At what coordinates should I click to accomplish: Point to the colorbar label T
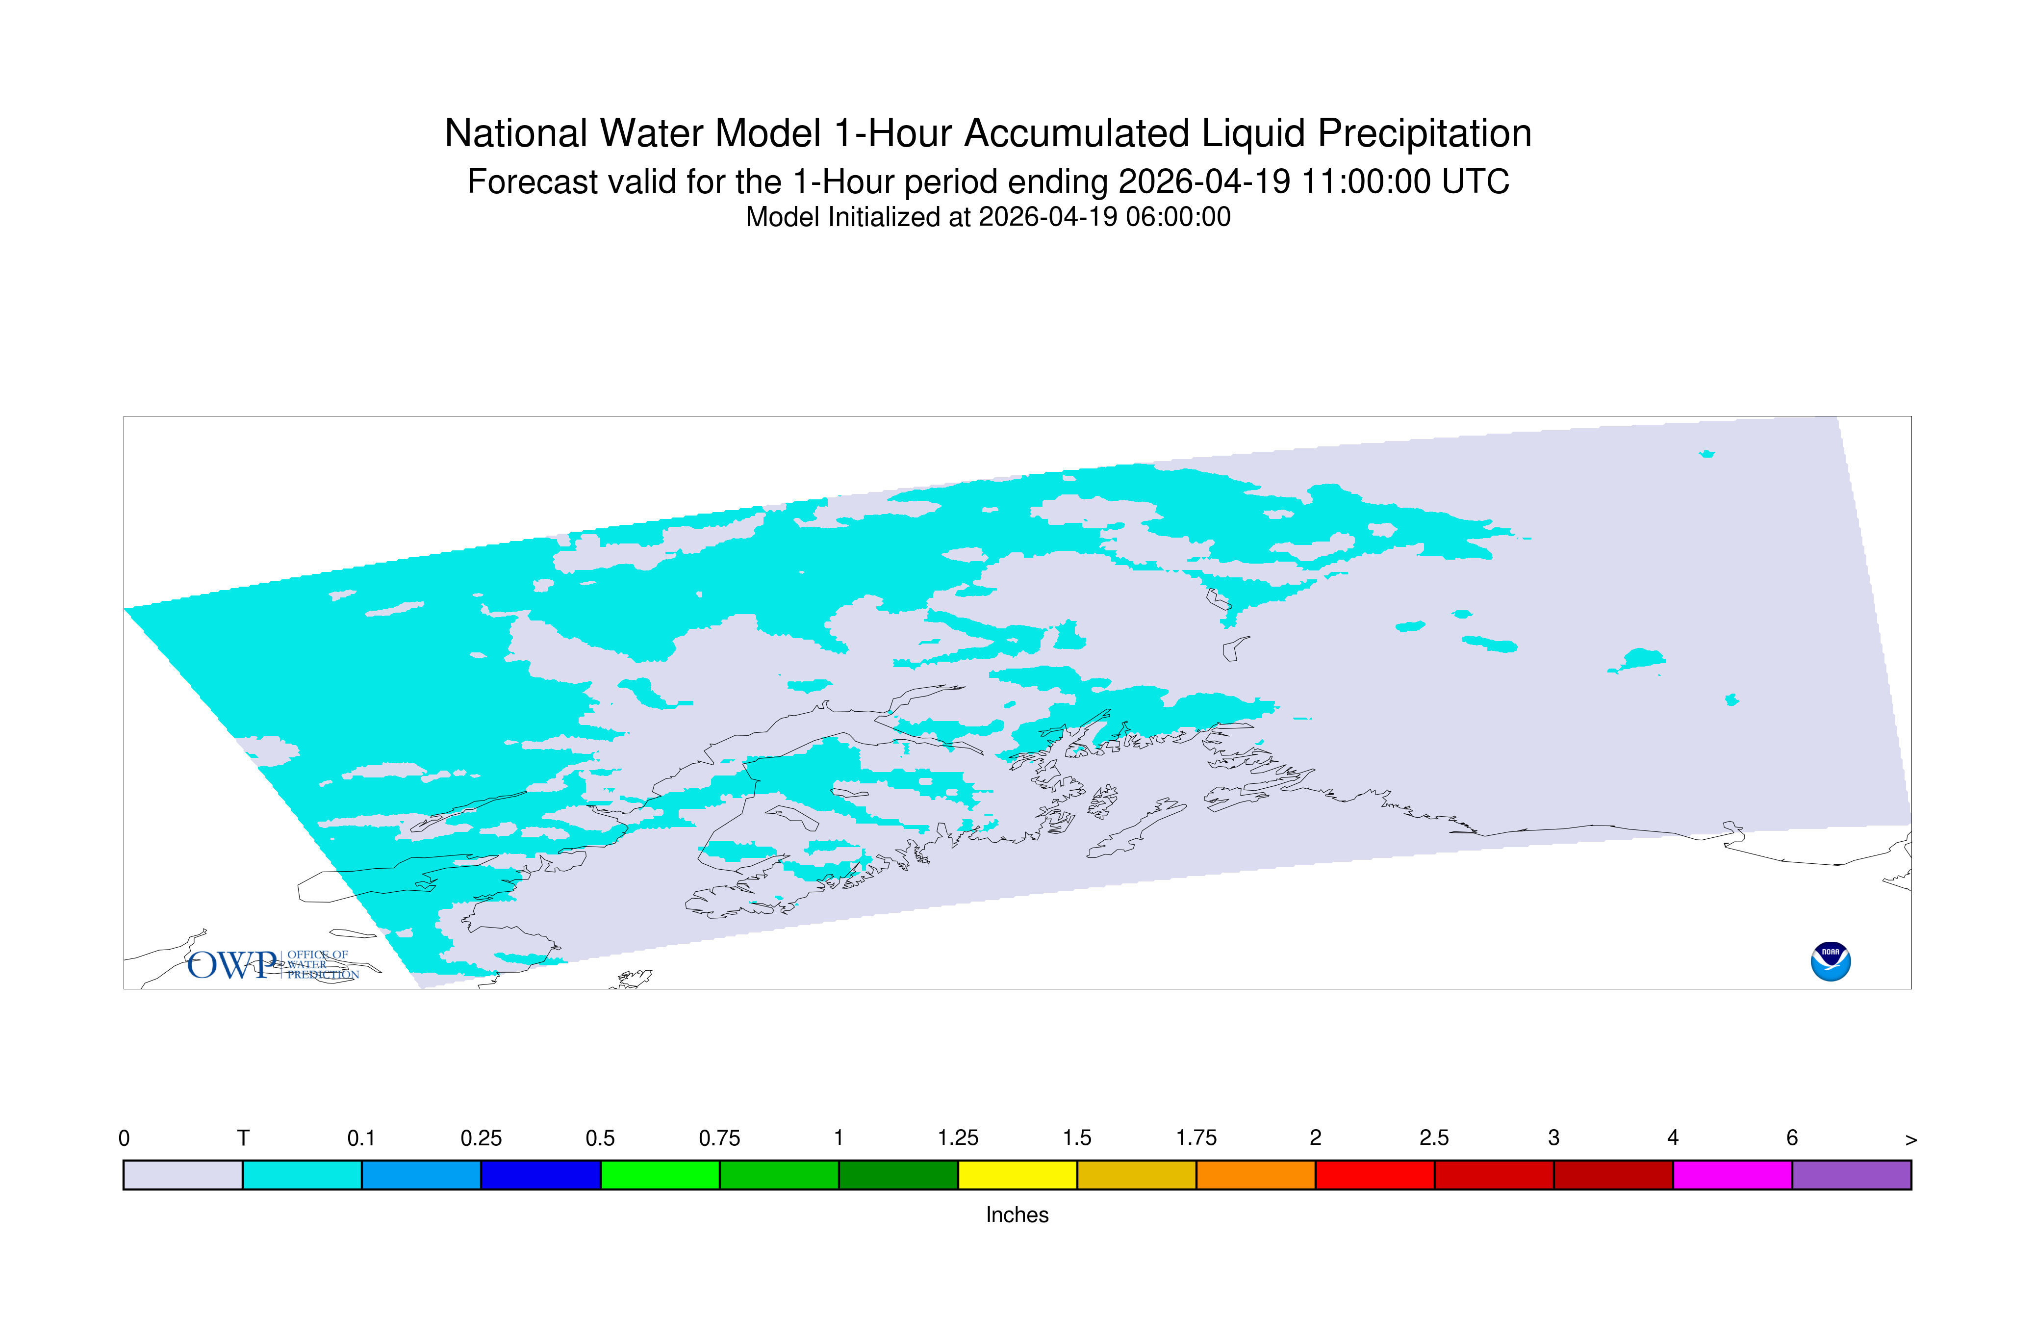pos(243,1138)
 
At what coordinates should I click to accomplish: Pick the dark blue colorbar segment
pos(541,1175)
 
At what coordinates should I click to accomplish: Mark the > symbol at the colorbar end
pos(1911,1140)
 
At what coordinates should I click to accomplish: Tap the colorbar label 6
pos(1792,1138)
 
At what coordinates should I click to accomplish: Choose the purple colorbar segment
pos(1852,1175)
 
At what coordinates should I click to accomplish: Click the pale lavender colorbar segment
pos(183,1175)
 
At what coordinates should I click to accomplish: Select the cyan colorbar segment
pos(303,1175)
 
